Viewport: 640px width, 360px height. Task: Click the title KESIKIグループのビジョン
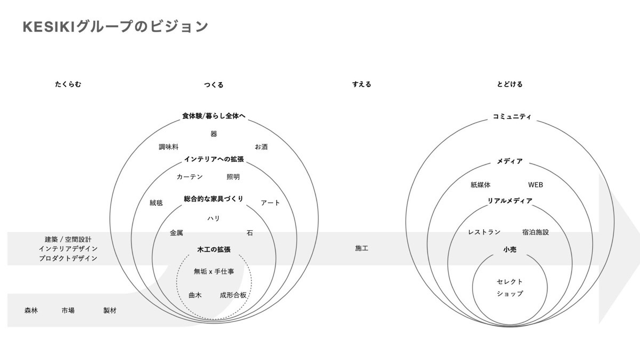[x=115, y=27]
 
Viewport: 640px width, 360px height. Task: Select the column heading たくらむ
[x=68, y=84]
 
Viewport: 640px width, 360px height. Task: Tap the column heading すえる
[x=362, y=84]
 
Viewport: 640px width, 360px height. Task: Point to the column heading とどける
[x=510, y=84]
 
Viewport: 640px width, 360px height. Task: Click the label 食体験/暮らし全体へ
[x=214, y=116]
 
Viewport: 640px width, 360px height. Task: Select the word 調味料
[x=169, y=147]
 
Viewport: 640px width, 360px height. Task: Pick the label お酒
[x=261, y=147]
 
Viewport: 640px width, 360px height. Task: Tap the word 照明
[x=233, y=177]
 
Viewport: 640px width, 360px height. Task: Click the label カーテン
[x=190, y=177]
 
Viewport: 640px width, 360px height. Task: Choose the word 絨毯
[x=156, y=203]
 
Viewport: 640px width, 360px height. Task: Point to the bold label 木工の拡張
[x=214, y=250]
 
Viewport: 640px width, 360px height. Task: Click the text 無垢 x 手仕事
[x=214, y=271]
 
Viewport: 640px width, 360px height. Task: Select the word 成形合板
[x=233, y=295]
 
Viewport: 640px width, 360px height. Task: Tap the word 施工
[x=362, y=249]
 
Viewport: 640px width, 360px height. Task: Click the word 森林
[x=31, y=310]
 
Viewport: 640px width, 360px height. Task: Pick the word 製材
[x=110, y=310]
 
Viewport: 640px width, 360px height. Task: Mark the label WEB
[x=535, y=185]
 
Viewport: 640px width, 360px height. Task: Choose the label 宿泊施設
[x=535, y=232]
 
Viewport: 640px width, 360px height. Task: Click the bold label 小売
[x=510, y=250]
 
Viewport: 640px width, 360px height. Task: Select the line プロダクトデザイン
[x=68, y=258]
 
